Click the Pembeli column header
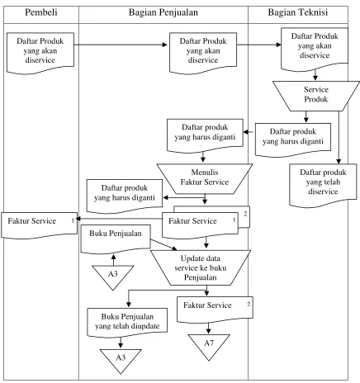pos(41,12)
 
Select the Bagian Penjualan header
pos(163,12)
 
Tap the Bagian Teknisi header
pos(298,12)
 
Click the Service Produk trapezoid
pos(316,96)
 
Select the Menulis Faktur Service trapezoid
pos(205,179)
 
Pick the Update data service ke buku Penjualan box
pos(201,267)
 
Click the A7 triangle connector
pos(209,345)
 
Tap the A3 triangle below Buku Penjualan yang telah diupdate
pos(121,359)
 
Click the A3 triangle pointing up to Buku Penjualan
pos(113,276)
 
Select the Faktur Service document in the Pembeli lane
pos(39,225)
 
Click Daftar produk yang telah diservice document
pos(323,185)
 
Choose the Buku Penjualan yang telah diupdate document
pos(127,323)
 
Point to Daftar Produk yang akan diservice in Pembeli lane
pos(40,53)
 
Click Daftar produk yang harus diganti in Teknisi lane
pos(293,139)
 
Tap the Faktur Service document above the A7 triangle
pos(215,309)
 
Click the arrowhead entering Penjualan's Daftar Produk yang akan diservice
pos(164,45)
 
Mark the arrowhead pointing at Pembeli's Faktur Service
pos(78,219)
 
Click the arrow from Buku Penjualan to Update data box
pos(163,245)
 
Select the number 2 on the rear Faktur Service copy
pos(245,214)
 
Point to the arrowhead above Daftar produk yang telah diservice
pos(339,162)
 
